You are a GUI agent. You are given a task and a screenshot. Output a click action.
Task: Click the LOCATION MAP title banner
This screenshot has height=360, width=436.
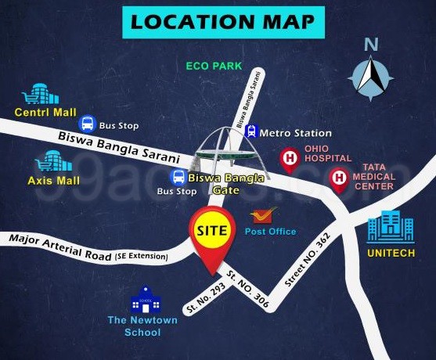coord(223,21)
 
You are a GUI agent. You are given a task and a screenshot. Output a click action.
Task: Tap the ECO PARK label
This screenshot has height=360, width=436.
coord(214,67)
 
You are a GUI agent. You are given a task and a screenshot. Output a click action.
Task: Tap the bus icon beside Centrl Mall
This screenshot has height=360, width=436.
coord(87,123)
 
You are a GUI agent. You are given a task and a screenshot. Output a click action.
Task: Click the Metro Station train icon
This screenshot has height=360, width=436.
coord(251,132)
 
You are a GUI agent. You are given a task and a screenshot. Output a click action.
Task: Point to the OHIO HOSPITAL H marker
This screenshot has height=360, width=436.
coord(290,160)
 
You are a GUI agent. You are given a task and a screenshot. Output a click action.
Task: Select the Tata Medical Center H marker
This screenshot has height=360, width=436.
coord(339,179)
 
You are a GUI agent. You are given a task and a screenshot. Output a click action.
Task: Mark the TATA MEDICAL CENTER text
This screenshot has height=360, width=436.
coord(380,177)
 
